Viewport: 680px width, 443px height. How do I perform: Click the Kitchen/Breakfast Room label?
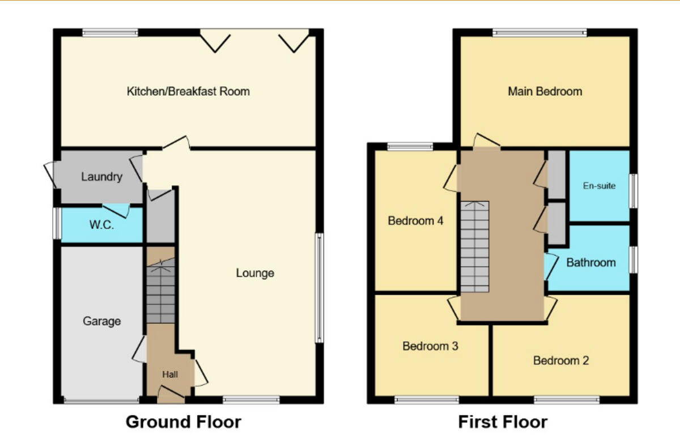188,91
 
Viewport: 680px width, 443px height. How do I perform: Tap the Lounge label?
255,273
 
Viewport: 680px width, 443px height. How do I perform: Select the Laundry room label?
101,177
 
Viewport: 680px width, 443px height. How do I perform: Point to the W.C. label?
101,225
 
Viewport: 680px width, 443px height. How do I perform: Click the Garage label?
102,321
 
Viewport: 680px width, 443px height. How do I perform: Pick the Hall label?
170,374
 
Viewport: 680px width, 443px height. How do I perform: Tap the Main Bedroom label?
545,91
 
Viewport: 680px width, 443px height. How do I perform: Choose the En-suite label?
599,185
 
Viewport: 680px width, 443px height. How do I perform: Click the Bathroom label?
590,262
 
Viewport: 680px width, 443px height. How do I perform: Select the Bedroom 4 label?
415,221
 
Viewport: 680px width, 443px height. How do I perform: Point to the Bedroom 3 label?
430,346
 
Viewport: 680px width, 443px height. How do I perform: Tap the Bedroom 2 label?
561,360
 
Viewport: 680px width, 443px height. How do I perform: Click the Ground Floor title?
183,422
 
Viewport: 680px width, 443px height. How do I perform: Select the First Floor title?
503,422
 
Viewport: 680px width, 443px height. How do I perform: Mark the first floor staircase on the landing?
474,247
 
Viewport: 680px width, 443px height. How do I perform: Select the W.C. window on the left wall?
57,224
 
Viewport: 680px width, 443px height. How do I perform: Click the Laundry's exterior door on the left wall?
51,174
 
